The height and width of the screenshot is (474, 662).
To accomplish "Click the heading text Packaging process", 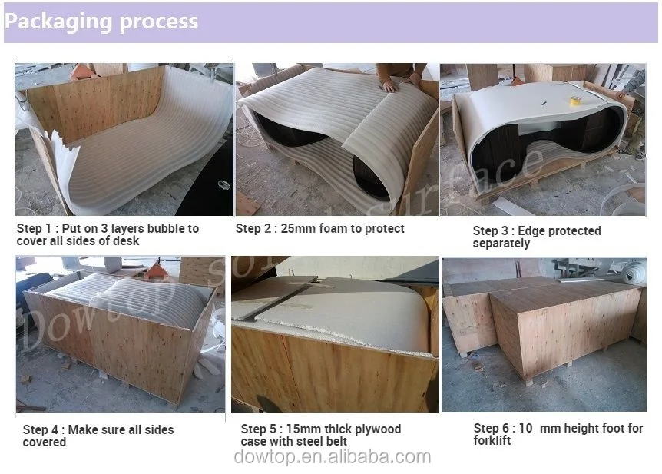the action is coord(101,21).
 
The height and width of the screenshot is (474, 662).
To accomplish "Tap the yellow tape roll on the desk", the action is coord(574,101).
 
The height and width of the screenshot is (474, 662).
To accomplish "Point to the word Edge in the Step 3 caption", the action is coord(530,231).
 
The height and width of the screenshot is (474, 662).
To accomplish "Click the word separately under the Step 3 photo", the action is coord(501,244).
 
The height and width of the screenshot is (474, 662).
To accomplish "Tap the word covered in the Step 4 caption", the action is coord(45,443).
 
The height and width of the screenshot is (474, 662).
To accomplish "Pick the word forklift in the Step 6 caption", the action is coord(492,441).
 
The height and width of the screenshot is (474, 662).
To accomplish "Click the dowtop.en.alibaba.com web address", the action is coord(333,457).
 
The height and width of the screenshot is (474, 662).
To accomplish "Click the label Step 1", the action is coord(35,229).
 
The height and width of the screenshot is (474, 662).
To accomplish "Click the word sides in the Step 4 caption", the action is coord(159,430).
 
